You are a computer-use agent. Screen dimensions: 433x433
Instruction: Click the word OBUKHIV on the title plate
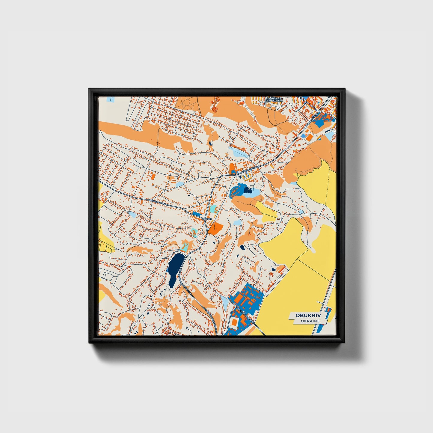coord(307,316)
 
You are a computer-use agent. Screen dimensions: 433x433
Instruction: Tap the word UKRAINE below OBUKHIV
coord(310,321)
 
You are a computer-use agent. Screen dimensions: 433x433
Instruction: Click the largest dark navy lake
coord(175,268)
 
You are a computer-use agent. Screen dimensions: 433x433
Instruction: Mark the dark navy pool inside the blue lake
coord(248,189)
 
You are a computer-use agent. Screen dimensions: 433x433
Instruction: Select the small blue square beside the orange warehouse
coord(303,136)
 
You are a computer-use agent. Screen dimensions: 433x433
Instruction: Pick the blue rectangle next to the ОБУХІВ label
coord(197,214)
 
